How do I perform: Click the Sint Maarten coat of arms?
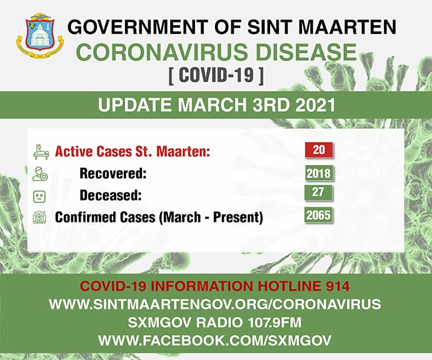tap(40, 35)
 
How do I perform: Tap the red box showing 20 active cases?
tap(319, 150)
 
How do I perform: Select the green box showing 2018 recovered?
tap(319, 173)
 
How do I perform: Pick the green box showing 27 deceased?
tap(319, 192)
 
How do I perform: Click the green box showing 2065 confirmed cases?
tap(319, 215)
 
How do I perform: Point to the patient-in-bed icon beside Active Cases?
tap(41, 152)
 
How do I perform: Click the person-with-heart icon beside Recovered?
tap(40, 174)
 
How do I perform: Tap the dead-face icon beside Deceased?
tap(39, 197)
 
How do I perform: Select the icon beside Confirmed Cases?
tap(39, 217)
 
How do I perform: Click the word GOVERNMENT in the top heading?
tap(137, 27)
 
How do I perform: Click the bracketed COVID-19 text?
tap(216, 75)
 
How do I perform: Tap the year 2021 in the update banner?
tap(315, 105)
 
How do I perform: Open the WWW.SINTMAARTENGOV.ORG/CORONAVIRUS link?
tap(215, 304)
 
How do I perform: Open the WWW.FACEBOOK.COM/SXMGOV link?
tap(215, 341)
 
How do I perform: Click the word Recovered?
tap(113, 174)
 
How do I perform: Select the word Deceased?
tap(111, 196)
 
